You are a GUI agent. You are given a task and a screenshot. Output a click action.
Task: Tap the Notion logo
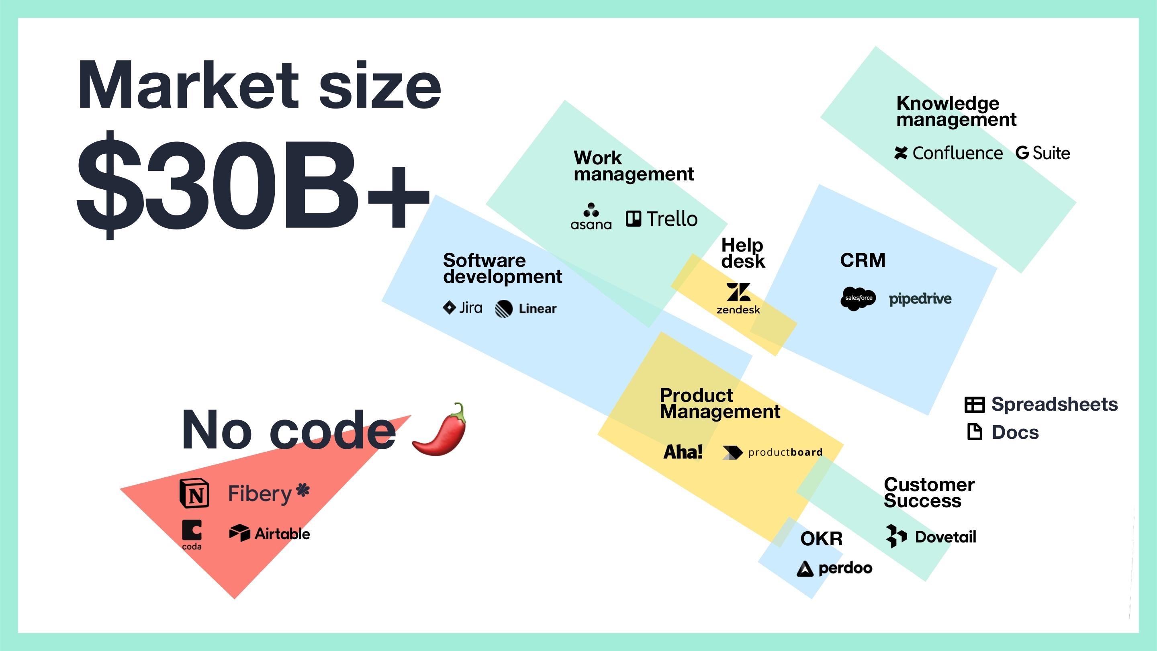click(194, 493)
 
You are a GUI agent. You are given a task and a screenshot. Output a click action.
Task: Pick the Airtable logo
click(270, 533)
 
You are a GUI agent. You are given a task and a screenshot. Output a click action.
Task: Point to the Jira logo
click(463, 308)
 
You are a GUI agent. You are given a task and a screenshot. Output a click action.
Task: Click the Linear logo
click(525, 309)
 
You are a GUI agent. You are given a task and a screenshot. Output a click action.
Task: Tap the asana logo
click(591, 216)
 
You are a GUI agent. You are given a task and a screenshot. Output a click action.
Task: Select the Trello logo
click(662, 219)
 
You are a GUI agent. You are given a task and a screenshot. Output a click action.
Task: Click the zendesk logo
click(738, 298)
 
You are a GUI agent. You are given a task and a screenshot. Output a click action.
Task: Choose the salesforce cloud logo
click(858, 298)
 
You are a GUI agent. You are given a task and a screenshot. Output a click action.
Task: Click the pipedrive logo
click(920, 299)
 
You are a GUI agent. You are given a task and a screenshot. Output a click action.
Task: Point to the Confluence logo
click(948, 153)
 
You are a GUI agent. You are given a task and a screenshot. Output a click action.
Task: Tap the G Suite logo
click(1043, 153)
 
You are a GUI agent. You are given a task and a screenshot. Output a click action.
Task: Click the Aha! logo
click(683, 452)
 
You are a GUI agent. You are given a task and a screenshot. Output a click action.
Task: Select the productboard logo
click(773, 452)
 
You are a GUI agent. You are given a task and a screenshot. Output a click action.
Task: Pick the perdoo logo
click(834, 568)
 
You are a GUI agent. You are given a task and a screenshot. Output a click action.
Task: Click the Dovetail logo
click(931, 536)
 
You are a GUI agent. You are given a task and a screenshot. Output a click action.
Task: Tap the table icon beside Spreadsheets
click(975, 404)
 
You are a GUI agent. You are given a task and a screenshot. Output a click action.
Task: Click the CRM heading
click(863, 260)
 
